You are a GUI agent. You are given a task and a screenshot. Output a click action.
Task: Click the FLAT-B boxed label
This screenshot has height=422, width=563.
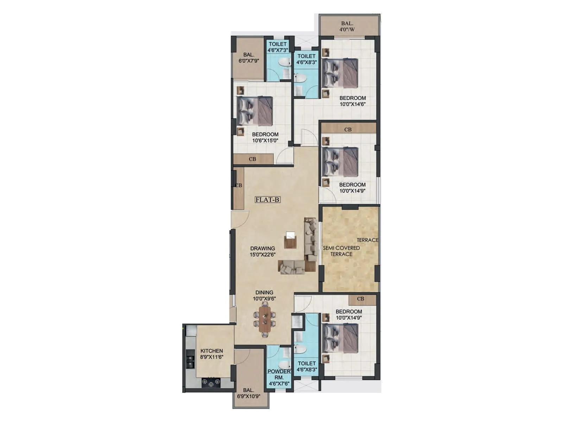click(267, 200)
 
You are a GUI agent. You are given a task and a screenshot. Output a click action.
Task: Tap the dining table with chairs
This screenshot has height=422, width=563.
click(265, 319)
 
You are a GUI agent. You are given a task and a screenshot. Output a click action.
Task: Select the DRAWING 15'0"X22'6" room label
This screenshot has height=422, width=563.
click(262, 251)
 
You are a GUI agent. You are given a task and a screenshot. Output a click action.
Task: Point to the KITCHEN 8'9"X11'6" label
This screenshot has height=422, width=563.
click(211, 354)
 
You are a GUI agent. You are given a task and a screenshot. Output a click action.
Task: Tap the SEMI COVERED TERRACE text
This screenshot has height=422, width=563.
click(341, 251)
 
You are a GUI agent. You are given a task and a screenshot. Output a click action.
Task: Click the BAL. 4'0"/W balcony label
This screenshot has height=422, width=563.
click(347, 27)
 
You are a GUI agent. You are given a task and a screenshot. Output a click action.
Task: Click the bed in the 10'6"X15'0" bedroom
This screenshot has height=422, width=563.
click(255, 111)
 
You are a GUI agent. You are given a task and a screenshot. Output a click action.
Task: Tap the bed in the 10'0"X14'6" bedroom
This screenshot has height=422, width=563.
click(340, 73)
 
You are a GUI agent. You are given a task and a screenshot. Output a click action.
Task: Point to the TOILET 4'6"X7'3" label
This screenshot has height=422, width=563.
click(278, 47)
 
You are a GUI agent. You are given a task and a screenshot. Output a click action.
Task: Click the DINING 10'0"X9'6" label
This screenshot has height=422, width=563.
click(264, 295)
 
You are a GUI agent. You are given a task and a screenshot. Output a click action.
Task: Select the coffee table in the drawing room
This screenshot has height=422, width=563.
click(290, 240)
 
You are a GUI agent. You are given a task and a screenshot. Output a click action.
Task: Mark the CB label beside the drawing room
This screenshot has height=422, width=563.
click(239, 185)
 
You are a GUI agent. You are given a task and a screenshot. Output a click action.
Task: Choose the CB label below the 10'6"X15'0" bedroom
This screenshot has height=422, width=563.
click(252, 159)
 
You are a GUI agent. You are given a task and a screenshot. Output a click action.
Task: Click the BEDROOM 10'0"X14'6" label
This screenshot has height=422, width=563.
click(353, 101)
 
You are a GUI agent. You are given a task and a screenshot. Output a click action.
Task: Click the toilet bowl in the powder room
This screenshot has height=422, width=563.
click(284, 364)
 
